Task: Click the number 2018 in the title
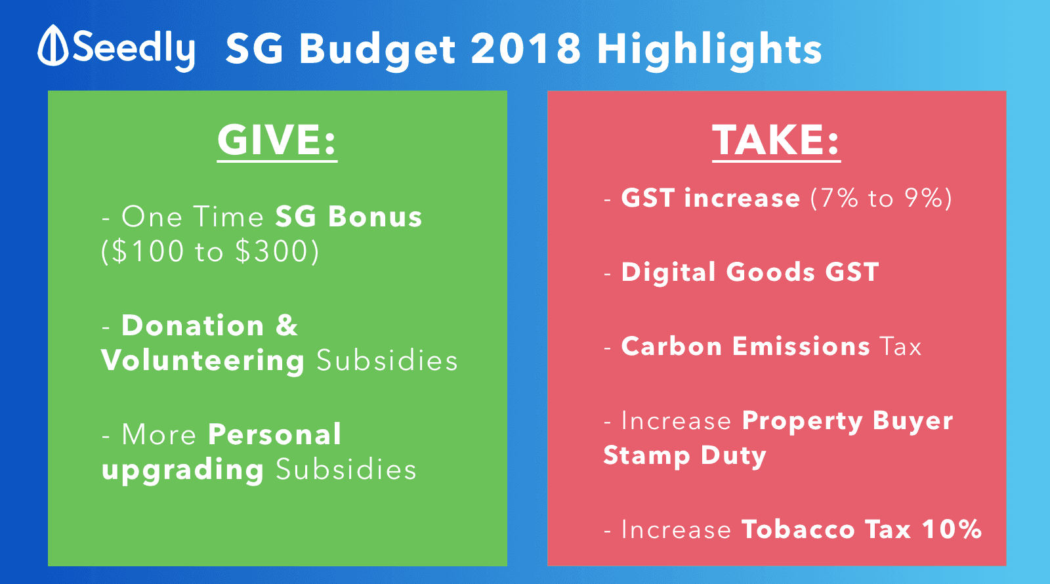[x=526, y=49]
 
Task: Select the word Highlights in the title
[x=709, y=50]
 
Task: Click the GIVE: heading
[x=277, y=140]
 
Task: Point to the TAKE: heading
[x=776, y=140]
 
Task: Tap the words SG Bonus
[x=348, y=217]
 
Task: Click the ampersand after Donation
[x=287, y=325]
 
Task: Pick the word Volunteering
[x=203, y=362]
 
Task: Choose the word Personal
[x=275, y=434]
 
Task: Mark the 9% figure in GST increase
[x=923, y=198]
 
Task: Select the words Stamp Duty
[x=684, y=456]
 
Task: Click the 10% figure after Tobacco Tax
[x=952, y=529]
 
